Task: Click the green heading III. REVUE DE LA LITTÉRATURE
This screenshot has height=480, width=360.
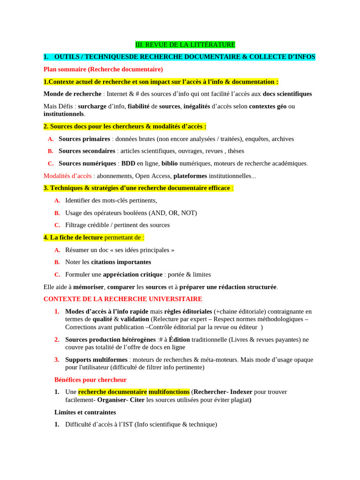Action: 185,45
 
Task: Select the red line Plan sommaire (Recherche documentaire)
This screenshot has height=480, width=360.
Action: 103,69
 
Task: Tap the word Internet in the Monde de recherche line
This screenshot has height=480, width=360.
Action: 118,94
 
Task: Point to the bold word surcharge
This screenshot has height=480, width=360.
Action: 92,106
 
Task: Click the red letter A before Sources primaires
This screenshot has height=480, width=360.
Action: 51,139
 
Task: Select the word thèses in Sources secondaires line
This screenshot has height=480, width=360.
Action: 236,151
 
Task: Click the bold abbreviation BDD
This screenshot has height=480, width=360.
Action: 128,164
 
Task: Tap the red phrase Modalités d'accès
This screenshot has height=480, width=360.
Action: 67,176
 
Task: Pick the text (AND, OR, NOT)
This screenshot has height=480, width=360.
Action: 173,213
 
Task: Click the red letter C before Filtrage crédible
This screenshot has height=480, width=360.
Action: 57,225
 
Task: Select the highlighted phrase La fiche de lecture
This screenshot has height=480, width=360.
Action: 76,238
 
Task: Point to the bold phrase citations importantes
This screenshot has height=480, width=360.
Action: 121,262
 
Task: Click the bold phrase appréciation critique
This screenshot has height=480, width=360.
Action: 133,274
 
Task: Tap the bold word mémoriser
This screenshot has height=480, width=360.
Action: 88,287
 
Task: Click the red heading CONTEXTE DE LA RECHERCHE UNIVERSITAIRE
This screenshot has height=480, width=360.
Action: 123,299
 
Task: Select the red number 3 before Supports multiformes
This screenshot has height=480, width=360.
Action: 57,360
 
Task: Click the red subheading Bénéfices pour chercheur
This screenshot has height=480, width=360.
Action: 90,380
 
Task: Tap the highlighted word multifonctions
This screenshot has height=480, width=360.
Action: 169,392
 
